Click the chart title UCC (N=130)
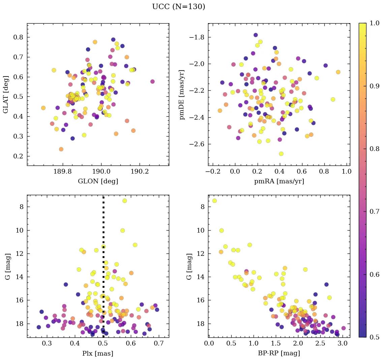pyautogui.click(x=178, y=7)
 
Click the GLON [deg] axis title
pyautogui.click(x=98, y=181)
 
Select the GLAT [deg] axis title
pyautogui.click(x=6, y=94)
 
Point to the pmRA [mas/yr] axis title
pyautogui.click(x=279, y=181)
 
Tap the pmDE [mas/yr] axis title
pyautogui.click(x=182, y=94)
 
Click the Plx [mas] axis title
pyautogui.click(x=98, y=353)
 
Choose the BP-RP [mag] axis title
pyautogui.click(x=279, y=353)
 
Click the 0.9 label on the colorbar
pyautogui.click(x=374, y=86)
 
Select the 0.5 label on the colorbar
pyautogui.click(x=374, y=337)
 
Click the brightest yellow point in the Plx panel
pyautogui.click(x=124, y=201)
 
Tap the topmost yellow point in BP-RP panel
pyautogui.click(x=214, y=201)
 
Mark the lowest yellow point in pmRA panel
pyautogui.click(x=281, y=154)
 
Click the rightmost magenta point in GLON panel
pyautogui.click(x=152, y=82)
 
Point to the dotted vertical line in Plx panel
pyautogui.click(x=103, y=263)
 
